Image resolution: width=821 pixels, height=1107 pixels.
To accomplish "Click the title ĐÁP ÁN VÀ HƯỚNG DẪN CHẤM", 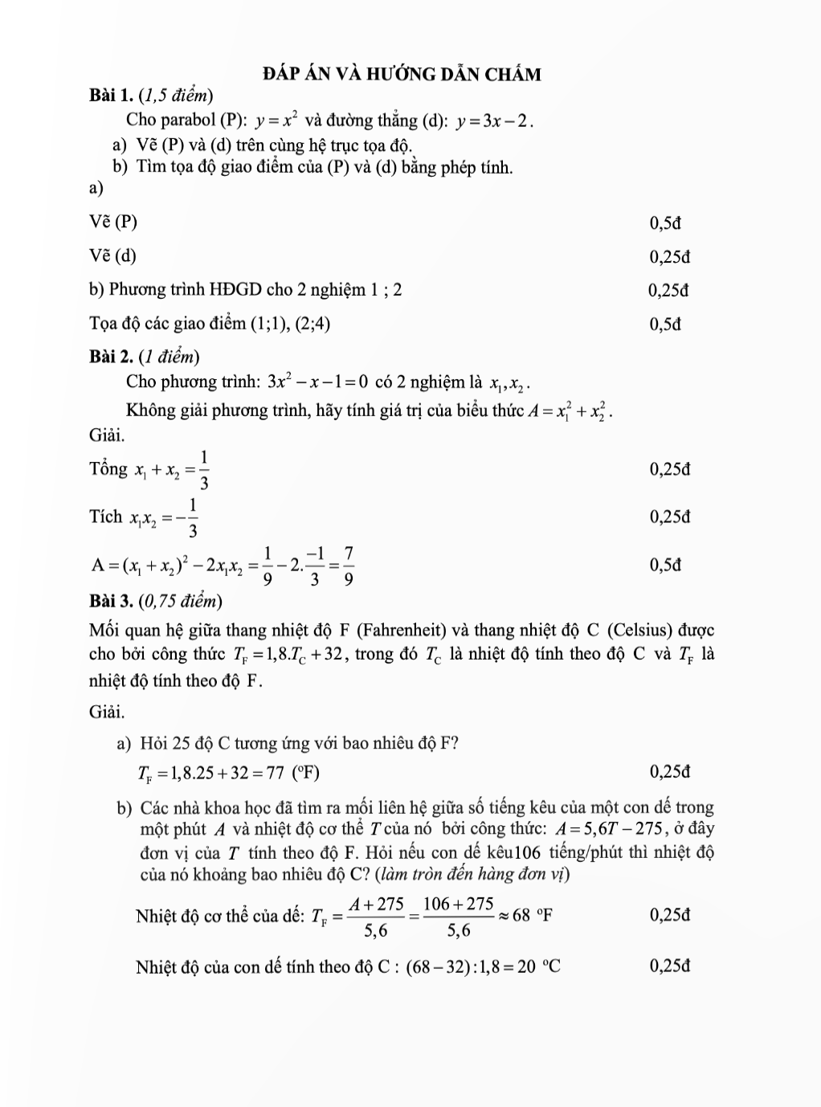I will pyautogui.click(x=402, y=75).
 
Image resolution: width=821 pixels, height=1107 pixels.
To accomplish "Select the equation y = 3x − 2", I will pyautogui.click(x=494, y=122).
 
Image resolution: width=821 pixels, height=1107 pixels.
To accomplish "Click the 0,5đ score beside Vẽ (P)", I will pyautogui.click(x=665, y=223).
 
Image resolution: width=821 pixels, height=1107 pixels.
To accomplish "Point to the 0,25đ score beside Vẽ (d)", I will pyautogui.click(x=669, y=257).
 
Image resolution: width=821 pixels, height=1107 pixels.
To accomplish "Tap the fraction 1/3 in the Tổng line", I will pyautogui.click(x=204, y=470).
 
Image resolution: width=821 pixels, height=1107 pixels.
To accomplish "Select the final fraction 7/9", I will pyautogui.click(x=348, y=566).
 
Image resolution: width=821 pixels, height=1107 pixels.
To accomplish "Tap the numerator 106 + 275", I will pyautogui.click(x=458, y=904).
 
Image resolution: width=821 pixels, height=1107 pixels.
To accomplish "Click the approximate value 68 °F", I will pyautogui.click(x=533, y=916).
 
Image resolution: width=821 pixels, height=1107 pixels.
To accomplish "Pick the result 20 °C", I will pyautogui.click(x=538, y=966).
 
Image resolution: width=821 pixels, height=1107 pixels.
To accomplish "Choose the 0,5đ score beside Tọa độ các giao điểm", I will pyautogui.click(x=665, y=325).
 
